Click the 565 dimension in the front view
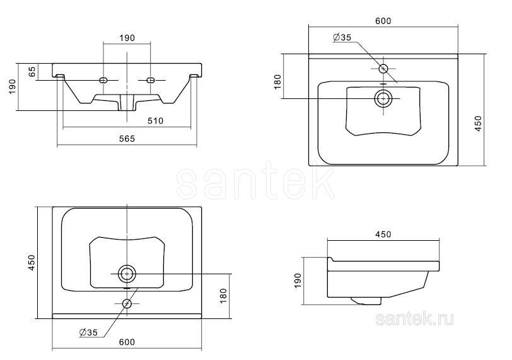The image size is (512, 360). [x=127, y=139]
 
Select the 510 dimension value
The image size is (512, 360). [x=155, y=121]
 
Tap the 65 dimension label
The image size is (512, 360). [x=32, y=72]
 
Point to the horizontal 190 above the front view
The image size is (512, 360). [x=127, y=38]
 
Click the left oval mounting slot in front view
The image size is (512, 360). [x=103, y=80]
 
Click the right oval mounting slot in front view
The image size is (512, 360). [x=151, y=80]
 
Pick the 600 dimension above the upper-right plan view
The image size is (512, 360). [x=383, y=21]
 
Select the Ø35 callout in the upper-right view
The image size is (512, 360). [x=342, y=37]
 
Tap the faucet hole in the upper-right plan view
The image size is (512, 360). [x=383, y=69]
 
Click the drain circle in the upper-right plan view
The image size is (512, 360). [x=383, y=98]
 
